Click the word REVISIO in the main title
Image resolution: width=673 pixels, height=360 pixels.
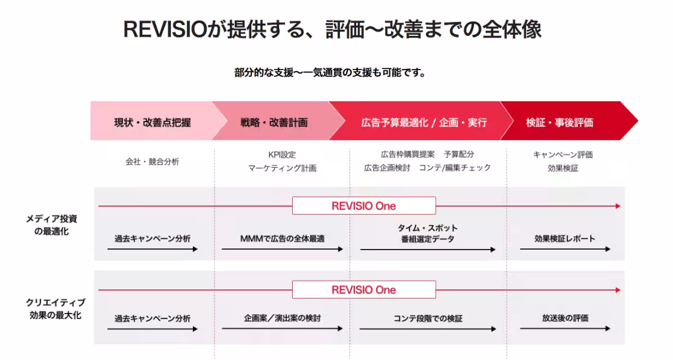(165, 30)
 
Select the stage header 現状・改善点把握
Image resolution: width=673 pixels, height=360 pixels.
(153, 123)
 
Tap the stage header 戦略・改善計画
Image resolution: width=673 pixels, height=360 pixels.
(274, 123)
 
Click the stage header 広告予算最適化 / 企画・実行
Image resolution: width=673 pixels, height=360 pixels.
(424, 123)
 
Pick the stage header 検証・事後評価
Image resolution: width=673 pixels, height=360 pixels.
(560, 123)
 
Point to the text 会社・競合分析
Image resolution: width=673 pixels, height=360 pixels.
(152, 161)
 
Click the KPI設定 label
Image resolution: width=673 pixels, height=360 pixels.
(282, 155)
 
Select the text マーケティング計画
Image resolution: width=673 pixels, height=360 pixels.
(282, 168)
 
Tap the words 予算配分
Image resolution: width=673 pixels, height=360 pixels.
(459, 154)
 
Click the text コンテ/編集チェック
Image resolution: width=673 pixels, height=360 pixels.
(455, 168)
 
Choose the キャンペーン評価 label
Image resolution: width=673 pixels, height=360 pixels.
(563, 155)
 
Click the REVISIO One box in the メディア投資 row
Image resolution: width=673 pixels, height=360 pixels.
(364, 206)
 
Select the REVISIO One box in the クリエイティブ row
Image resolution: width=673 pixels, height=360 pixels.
(364, 290)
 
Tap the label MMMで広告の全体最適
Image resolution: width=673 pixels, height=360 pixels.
(282, 239)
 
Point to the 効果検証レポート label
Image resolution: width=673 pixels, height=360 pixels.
(565, 239)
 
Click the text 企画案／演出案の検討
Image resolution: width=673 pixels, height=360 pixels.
(282, 319)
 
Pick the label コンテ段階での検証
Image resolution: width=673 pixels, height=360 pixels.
(428, 319)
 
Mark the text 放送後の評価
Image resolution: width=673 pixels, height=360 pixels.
(565, 319)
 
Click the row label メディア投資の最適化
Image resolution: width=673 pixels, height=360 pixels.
(52, 225)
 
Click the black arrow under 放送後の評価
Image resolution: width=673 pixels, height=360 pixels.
(565, 329)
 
